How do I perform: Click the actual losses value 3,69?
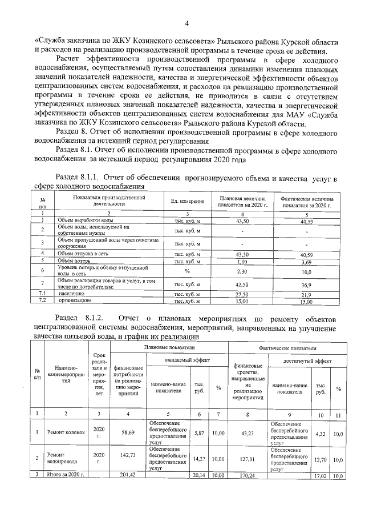coord(307,261)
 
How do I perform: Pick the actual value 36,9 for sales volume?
coord(307,284)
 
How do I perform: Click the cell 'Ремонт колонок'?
coord(70,432)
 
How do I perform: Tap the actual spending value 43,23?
coord(247,432)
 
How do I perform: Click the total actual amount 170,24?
coord(247,475)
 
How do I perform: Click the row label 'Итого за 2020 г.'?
coord(66,475)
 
